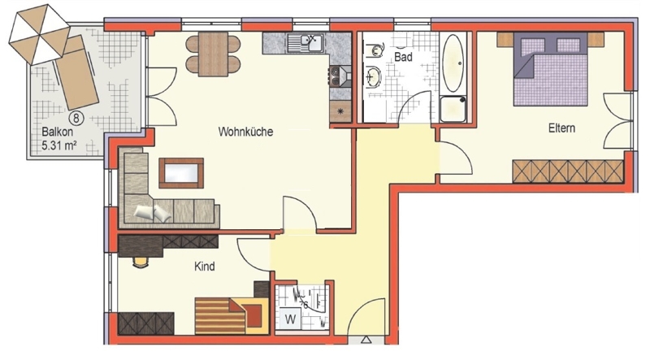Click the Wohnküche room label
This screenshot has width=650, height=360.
pos(245,132)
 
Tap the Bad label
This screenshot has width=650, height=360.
pos(403,56)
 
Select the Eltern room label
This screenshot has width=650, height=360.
pos(561,128)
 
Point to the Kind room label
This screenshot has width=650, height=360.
pos(205,266)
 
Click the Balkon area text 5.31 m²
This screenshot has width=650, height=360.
pos(59,145)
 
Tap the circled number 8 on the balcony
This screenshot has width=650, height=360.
pos(76,118)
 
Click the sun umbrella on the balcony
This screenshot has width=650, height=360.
pos(39,34)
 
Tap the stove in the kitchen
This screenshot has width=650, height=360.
pos(340,76)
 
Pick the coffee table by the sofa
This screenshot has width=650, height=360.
pos(181,173)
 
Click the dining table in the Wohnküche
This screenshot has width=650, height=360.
pos(213,54)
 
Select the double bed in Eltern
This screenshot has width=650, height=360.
pos(551,69)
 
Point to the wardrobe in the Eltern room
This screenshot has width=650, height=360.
pos(568,171)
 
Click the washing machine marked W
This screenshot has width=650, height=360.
pos(291,319)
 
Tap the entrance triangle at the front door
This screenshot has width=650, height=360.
pos(366,340)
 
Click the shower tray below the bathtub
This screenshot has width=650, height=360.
pos(453,110)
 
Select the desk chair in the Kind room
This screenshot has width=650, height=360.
pos(141,262)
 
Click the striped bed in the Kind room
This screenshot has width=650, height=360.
pos(230,316)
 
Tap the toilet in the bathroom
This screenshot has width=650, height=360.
pos(374,50)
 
